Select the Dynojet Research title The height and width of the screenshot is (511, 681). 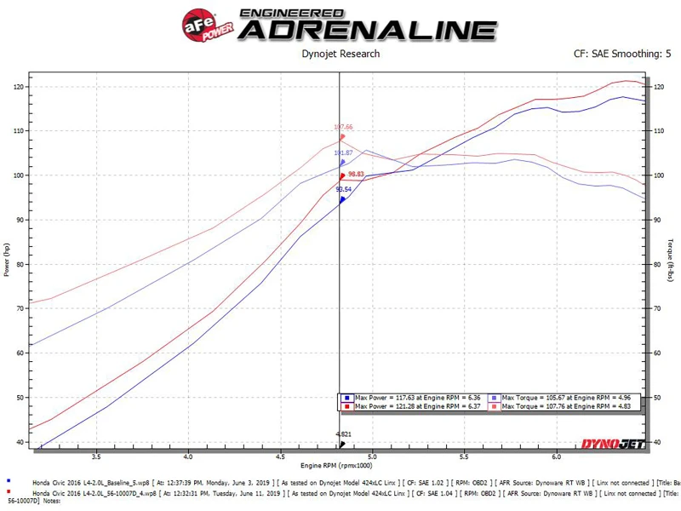click(x=341, y=54)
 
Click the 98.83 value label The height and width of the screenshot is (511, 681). click(x=354, y=174)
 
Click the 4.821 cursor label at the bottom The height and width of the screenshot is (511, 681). click(x=340, y=434)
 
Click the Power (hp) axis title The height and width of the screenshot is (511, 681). click(x=7, y=261)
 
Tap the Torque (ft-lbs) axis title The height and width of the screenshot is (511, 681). click(x=672, y=261)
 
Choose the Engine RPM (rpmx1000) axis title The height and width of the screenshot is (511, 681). click(x=340, y=467)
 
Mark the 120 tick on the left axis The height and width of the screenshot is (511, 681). click(x=19, y=87)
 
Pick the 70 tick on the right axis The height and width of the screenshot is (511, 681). click(x=657, y=309)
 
